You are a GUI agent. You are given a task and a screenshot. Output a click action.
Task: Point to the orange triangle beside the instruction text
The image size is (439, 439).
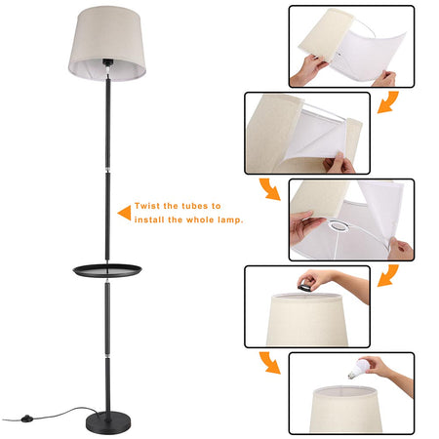pos(123,211)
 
